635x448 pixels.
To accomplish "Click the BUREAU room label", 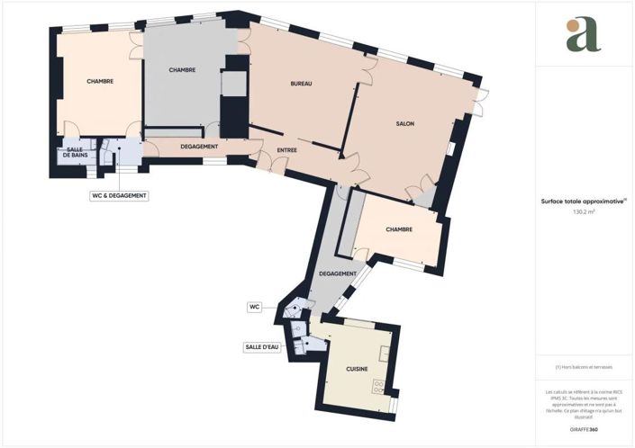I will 301,84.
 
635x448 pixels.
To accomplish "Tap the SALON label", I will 404,124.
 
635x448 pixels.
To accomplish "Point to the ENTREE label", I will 286,149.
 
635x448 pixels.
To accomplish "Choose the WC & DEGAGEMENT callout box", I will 119,195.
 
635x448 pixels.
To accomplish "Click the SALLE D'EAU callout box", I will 263,346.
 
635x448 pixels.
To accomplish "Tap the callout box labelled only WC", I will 254,307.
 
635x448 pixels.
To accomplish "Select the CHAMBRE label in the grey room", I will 182,70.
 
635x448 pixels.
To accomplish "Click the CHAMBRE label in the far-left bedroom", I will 100,82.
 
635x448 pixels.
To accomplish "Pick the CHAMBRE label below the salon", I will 399,229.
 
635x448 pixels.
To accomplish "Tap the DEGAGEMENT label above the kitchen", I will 337,273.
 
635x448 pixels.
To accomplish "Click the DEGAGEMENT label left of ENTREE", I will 198,146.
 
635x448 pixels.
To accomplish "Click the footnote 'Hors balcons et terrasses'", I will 583,367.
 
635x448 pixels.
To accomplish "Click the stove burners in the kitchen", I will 379,388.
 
